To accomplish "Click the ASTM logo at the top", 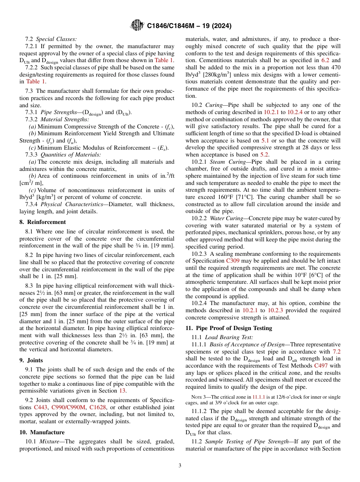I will click(136, 25).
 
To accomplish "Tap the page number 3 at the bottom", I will click(180, 466).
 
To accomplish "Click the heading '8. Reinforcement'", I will click(42, 222).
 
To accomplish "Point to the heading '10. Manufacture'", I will click(42, 432).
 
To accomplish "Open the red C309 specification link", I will click(233, 261).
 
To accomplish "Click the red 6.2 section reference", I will click(326, 60).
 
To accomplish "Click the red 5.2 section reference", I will click(264, 154).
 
